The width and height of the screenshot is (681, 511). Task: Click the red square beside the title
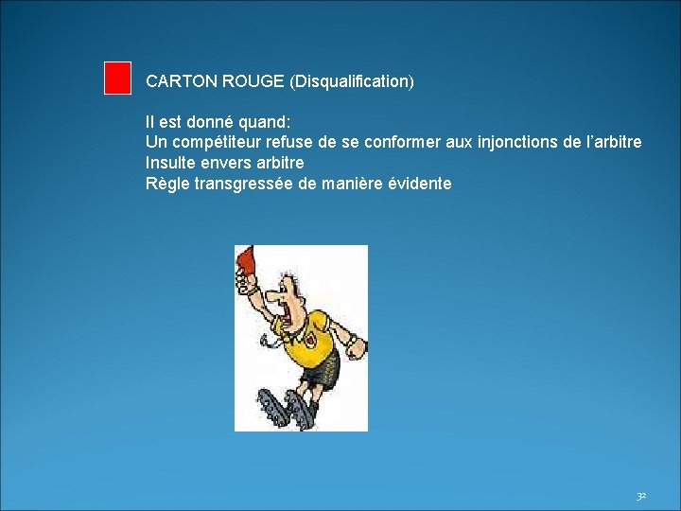(x=117, y=78)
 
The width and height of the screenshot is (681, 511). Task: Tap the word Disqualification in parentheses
(x=352, y=82)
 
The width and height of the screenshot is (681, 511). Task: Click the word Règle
(x=167, y=184)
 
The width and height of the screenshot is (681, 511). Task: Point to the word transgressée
(x=244, y=184)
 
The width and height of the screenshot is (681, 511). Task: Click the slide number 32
(x=640, y=496)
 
